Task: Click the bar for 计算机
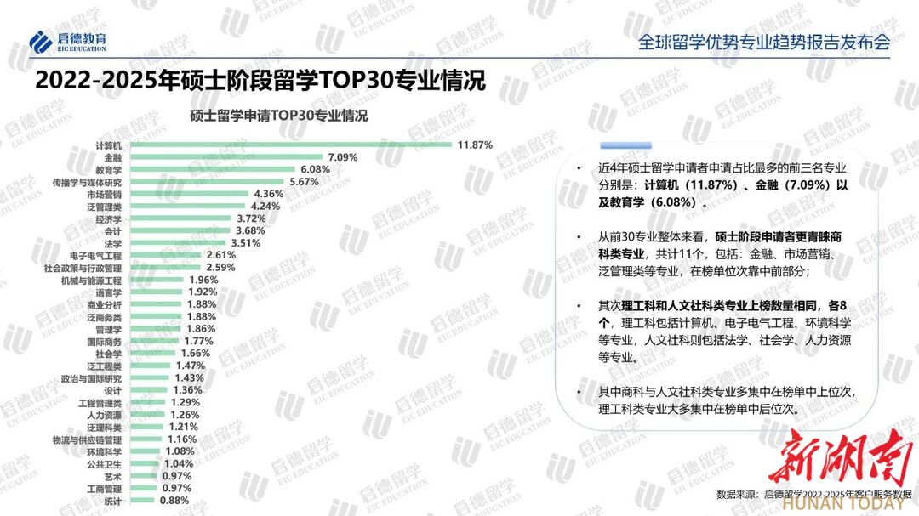(x=289, y=145)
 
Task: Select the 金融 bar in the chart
(x=225, y=157)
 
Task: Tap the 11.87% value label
(x=475, y=145)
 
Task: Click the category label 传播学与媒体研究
(x=87, y=182)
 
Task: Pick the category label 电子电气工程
(x=95, y=255)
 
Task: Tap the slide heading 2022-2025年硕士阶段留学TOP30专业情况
(x=260, y=81)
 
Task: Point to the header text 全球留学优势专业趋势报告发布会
(x=764, y=43)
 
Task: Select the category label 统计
(x=112, y=502)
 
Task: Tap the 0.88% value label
(x=174, y=502)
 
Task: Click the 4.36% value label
(x=268, y=194)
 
